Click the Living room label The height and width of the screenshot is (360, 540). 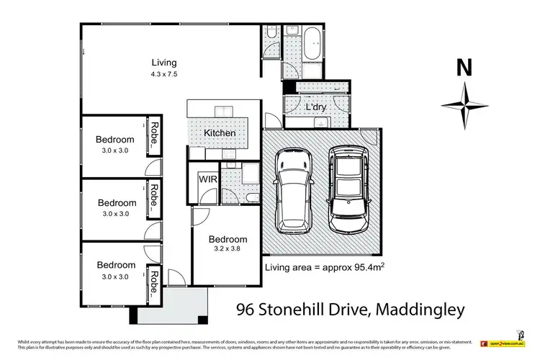tap(164, 62)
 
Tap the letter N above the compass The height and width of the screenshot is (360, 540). tap(464, 69)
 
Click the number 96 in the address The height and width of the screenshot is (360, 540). tap(247, 310)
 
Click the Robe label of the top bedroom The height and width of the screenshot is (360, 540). tap(154, 136)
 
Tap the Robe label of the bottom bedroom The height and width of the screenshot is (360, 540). tap(154, 283)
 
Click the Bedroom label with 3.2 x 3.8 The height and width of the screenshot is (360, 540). tap(228, 240)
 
